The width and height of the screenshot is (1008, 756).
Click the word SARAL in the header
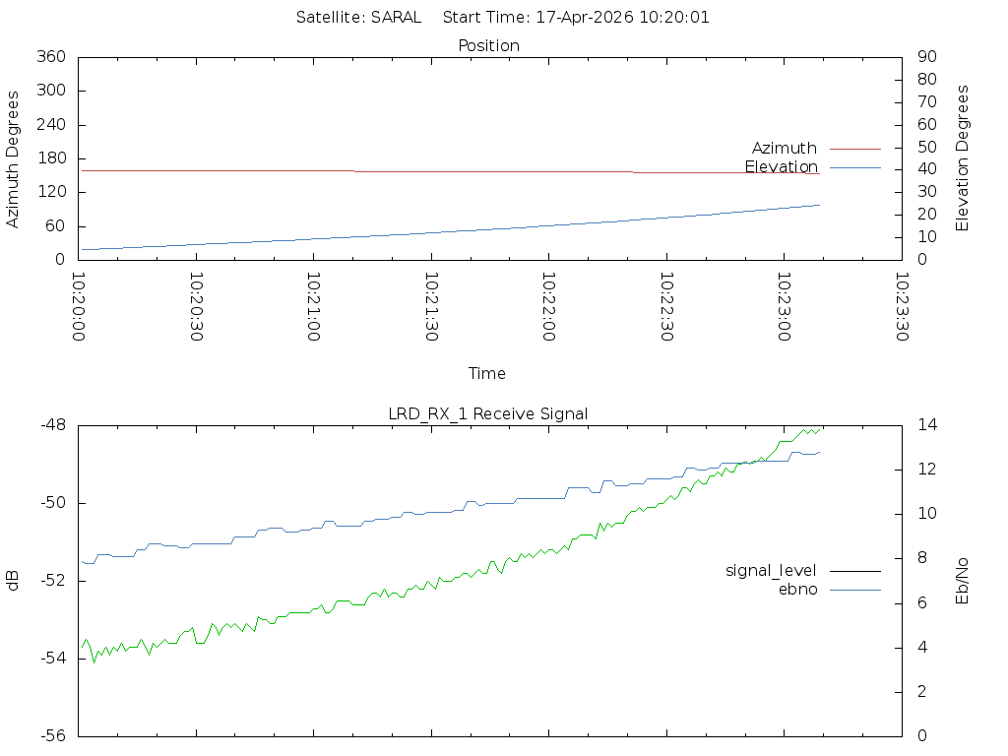396,18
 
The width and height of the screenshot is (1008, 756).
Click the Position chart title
488,45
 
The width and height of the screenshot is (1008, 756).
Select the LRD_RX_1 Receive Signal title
488,414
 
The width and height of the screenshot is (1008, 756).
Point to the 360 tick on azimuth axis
51,56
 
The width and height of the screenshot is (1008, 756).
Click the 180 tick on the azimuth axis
51,158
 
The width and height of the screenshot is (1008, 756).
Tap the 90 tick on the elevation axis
927,56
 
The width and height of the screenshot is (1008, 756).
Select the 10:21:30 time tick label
431,307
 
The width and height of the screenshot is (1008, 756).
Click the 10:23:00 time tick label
784,307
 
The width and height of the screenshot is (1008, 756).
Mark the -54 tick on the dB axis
53,659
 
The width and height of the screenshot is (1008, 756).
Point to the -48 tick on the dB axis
53,425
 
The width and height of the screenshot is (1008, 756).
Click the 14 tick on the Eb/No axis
927,425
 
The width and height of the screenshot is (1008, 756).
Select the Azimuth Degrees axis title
12,159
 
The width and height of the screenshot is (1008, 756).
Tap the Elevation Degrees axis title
962,158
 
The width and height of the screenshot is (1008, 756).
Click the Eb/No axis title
962,581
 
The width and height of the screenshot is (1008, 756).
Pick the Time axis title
486,373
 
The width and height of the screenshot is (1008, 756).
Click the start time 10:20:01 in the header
674,18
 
